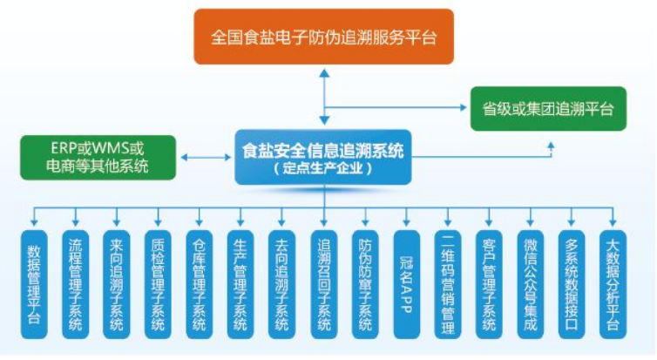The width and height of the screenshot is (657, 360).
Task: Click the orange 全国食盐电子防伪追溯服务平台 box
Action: click(x=324, y=37)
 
